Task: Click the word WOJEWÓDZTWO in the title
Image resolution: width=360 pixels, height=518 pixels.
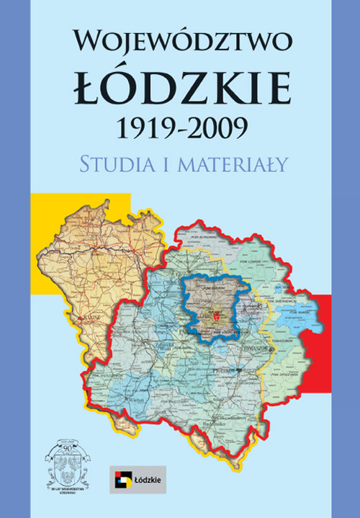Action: pyautogui.click(x=182, y=41)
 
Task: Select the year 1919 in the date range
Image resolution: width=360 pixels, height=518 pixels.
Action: pyautogui.click(x=143, y=128)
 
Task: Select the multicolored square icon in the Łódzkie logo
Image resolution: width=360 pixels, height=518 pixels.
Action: pyautogui.click(x=121, y=477)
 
